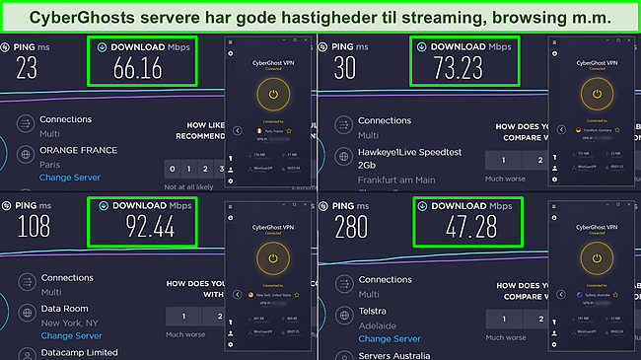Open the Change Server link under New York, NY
[x=71, y=335]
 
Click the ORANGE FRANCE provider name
[x=78, y=151]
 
